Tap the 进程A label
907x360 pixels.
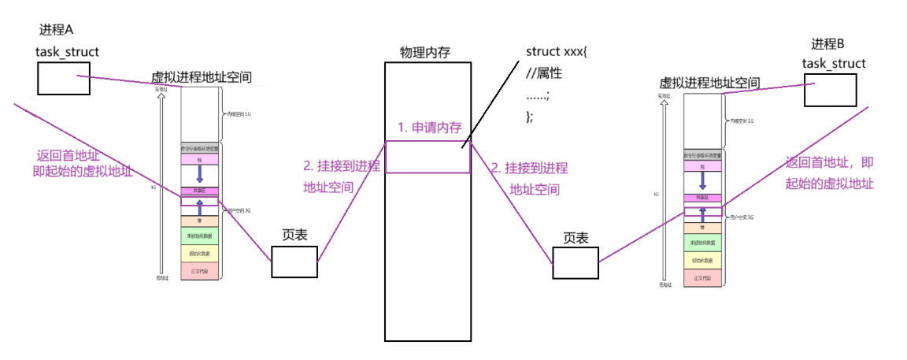coord(56,30)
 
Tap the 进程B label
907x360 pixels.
coord(832,44)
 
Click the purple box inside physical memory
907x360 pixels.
coord(428,157)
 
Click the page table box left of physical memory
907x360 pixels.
coord(294,261)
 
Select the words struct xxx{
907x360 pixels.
coord(557,52)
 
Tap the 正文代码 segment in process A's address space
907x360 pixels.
coord(200,271)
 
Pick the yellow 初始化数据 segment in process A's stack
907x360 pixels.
coord(200,254)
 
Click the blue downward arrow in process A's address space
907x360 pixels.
coord(200,174)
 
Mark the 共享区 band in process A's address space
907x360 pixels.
coord(200,191)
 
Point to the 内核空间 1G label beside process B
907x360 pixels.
coord(740,121)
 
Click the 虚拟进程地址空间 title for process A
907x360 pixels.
coord(202,79)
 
